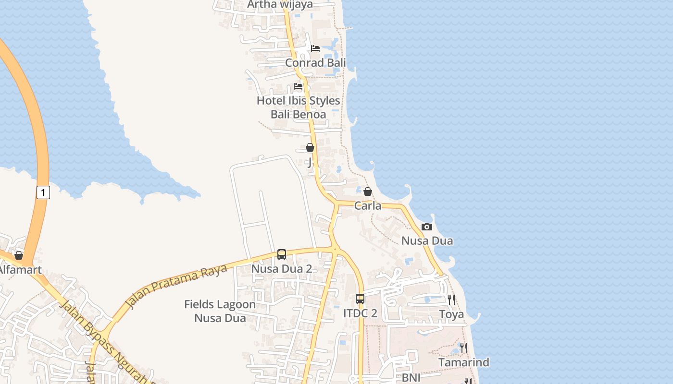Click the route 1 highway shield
point(43,192)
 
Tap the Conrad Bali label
point(315,63)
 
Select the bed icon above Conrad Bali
point(315,48)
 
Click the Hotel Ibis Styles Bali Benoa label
point(298,108)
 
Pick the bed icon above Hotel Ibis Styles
point(298,86)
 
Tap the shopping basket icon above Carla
point(368,192)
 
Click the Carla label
point(368,206)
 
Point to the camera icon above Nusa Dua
point(427,227)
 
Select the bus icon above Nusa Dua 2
point(282,254)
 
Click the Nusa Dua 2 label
point(282,269)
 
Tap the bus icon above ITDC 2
point(360,299)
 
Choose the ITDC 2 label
point(360,314)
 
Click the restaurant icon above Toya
point(451,300)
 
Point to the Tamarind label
point(463,362)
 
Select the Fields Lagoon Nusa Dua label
point(220,311)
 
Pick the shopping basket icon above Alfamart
point(19,255)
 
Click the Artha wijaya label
point(280,5)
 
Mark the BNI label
point(411,378)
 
